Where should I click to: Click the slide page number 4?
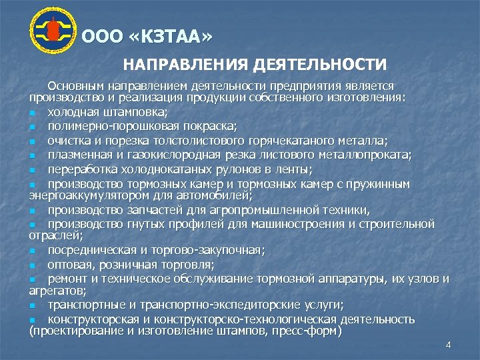coord(448,345)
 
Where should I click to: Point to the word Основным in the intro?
coord(73,86)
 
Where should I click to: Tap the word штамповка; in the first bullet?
coord(136,111)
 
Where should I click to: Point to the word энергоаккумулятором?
coord(81,195)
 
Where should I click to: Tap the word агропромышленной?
coord(246,210)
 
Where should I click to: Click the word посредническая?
coord(89,251)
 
